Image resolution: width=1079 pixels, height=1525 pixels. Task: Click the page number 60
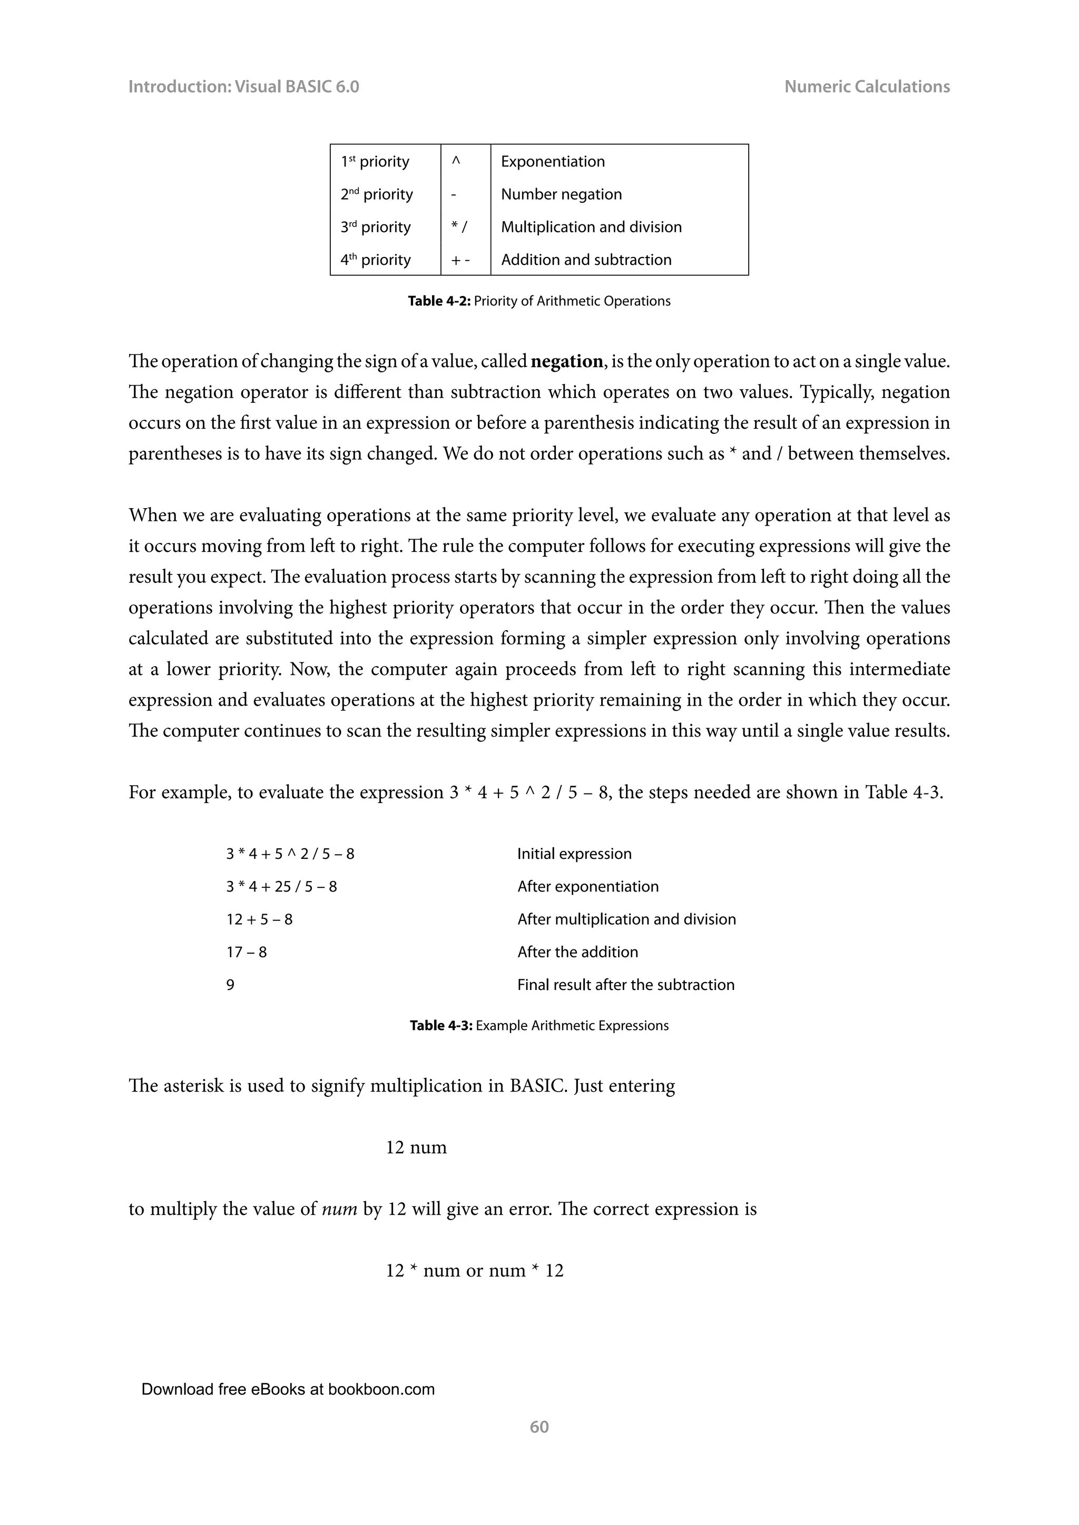tap(539, 1427)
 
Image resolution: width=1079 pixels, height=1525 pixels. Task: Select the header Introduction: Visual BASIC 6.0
tap(243, 86)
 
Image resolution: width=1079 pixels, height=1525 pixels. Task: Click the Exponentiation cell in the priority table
tap(553, 162)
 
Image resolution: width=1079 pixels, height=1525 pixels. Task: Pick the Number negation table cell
tap(562, 194)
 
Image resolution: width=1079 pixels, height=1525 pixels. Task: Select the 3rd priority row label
tap(376, 227)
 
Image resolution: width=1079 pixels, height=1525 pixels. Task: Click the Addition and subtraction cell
tap(586, 260)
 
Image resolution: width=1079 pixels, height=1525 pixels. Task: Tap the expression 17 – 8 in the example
tap(247, 952)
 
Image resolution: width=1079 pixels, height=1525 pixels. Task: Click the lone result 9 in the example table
tap(231, 984)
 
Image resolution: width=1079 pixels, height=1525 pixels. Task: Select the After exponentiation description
tap(588, 886)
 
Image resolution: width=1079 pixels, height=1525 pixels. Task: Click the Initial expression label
tap(574, 854)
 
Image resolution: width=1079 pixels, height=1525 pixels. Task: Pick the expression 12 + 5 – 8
tap(259, 919)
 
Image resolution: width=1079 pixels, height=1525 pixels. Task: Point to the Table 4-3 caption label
tap(441, 1025)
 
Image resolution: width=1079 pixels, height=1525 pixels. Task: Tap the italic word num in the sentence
tap(339, 1209)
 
